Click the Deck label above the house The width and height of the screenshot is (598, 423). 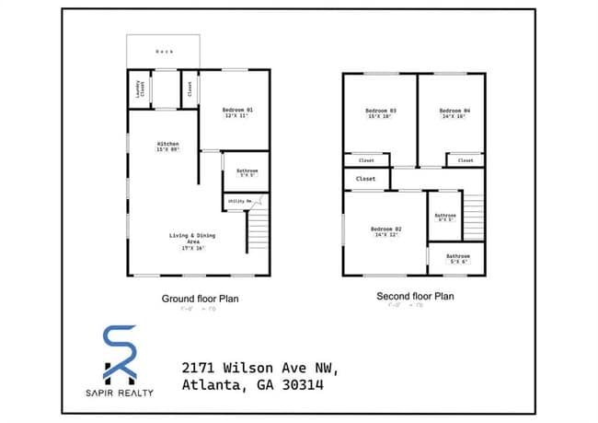164,52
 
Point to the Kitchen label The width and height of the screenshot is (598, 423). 167,144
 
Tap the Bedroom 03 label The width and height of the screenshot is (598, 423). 380,110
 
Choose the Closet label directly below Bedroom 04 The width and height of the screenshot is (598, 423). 466,160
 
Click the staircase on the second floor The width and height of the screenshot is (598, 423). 472,216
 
